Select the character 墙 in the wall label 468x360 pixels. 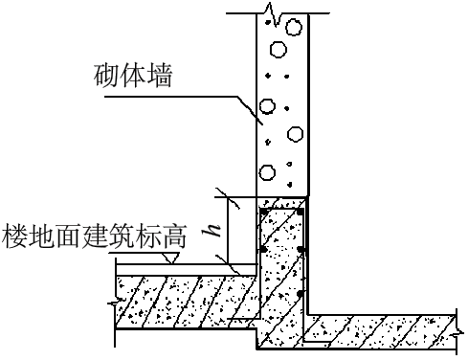pyautogui.click(x=160, y=77)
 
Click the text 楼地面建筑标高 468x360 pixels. pyautogui.click(x=95, y=233)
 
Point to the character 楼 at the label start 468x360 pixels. pyautogui.click(x=17, y=233)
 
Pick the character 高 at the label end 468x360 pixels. pyautogui.click(x=173, y=233)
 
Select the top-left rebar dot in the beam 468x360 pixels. pyautogui.click(x=262, y=211)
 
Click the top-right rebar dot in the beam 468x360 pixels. pyautogui.click(x=301, y=211)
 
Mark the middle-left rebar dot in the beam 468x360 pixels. pyautogui.click(x=261, y=251)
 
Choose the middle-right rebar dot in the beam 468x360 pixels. pyautogui.click(x=301, y=251)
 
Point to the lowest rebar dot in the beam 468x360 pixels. pyautogui.click(x=301, y=294)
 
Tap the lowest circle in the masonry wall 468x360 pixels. pyautogui.click(x=267, y=173)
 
